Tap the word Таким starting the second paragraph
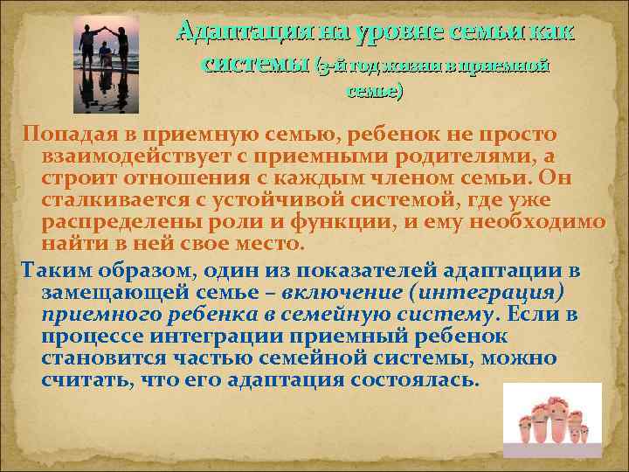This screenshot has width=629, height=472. (x=50, y=267)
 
